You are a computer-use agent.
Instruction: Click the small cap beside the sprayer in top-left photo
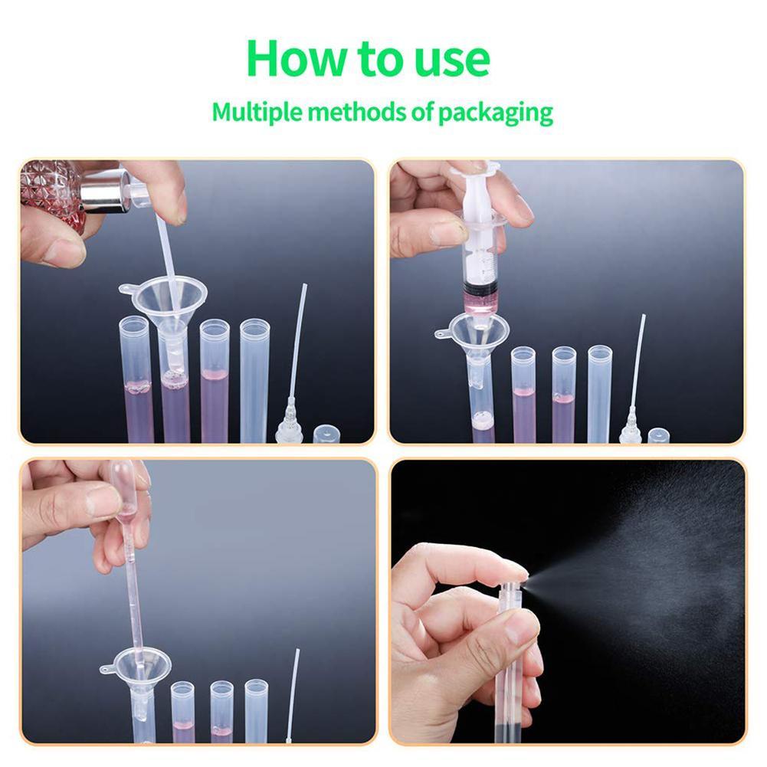[326, 434]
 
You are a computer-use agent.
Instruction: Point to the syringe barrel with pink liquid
[481, 268]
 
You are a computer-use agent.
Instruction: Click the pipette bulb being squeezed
[123, 490]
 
